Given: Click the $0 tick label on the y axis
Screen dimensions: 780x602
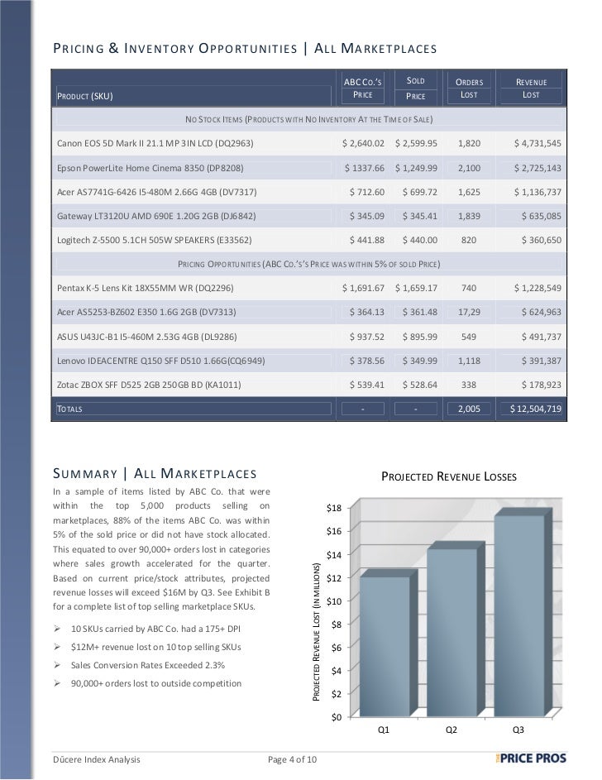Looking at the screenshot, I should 336,716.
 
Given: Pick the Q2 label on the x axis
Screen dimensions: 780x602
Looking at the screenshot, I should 451,730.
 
